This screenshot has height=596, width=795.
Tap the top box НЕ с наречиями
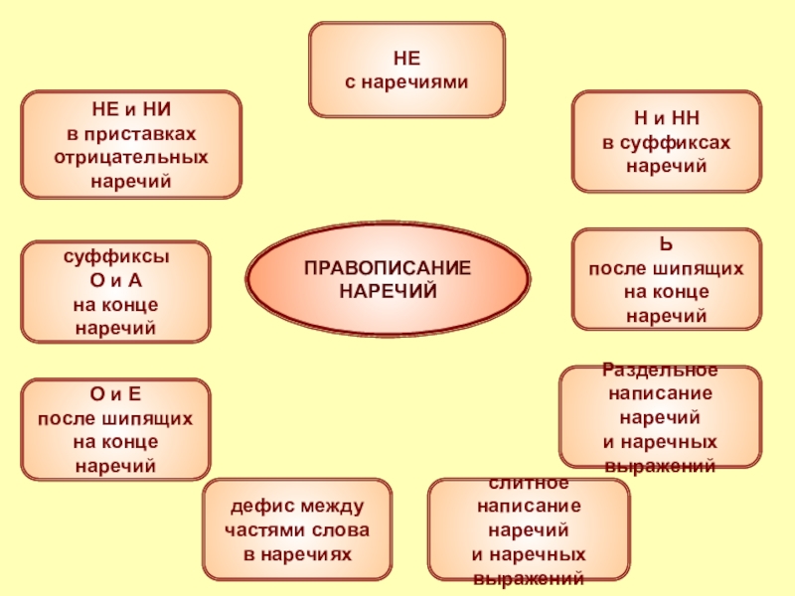(x=405, y=70)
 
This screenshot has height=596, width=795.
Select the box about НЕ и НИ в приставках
(x=131, y=144)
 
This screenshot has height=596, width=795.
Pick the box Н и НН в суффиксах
(x=666, y=141)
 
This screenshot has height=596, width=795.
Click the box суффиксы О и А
(x=115, y=292)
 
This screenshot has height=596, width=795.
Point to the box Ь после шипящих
(x=666, y=279)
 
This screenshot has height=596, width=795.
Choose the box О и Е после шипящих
(x=115, y=429)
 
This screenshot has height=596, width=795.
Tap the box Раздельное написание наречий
(x=660, y=416)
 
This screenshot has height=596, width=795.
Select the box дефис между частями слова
(x=298, y=529)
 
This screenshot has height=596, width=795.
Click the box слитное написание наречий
(x=528, y=529)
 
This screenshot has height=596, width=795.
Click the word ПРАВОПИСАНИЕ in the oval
(x=388, y=270)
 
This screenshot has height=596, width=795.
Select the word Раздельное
(x=660, y=370)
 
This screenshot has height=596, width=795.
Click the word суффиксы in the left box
(x=115, y=255)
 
